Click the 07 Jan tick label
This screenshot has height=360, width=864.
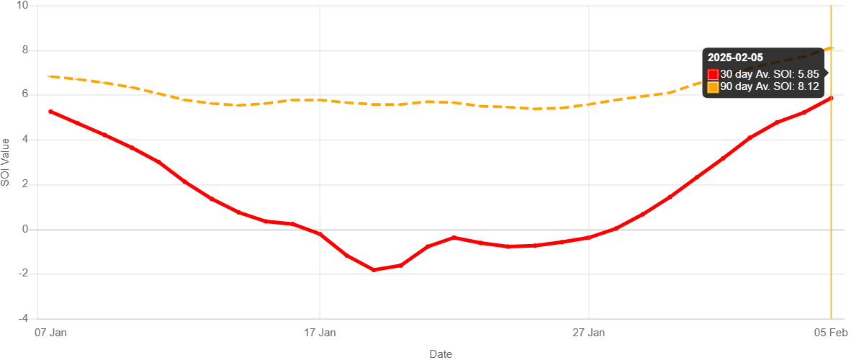point(50,333)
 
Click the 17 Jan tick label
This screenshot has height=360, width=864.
point(320,333)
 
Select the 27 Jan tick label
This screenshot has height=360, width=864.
point(589,333)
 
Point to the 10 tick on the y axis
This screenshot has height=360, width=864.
point(22,5)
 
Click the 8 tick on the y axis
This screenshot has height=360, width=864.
point(25,50)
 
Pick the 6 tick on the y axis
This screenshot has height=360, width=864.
point(25,94)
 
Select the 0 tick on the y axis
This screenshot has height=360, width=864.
point(25,228)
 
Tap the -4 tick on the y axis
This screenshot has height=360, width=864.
point(23,318)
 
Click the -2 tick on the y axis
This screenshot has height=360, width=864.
point(23,273)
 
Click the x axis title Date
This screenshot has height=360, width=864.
point(441,354)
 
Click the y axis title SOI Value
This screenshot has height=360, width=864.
point(6,162)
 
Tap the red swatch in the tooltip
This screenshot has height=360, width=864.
point(713,74)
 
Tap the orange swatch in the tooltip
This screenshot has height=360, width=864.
point(713,87)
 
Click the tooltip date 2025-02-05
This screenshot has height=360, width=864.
point(735,58)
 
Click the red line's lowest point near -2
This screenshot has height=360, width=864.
point(374,269)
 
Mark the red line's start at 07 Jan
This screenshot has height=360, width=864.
point(50,112)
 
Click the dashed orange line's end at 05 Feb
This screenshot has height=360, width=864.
point(832,48)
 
